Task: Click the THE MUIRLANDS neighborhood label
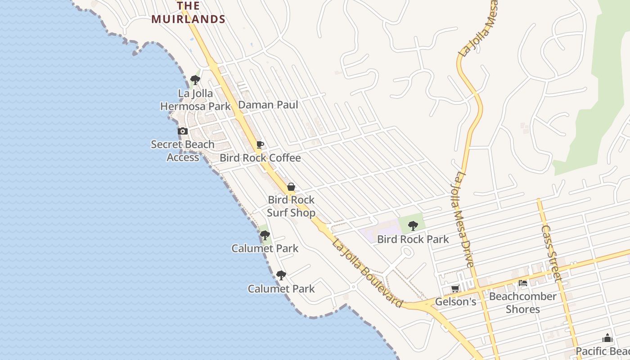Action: [188, 13]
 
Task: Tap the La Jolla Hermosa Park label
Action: [195, 100]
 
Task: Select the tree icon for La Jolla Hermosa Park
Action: [195, 80]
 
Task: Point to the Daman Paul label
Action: [268, 105]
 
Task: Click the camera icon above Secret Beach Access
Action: [183, 131]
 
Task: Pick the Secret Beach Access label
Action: [183, 151]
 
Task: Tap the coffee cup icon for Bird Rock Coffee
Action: [260, 145]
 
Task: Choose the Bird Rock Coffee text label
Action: [260, 158]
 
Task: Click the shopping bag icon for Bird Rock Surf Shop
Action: [291, 187]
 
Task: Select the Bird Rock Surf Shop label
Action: [291, 206]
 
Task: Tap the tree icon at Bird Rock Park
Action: [413, 226]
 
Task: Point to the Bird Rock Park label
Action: [413, 239]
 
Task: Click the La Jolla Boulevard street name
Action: [367, 274]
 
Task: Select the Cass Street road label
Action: [551, 253]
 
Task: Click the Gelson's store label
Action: [455, 301]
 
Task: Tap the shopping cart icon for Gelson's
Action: [455, 288]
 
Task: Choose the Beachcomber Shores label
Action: [522, 303]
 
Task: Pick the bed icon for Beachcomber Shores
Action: [523, 283]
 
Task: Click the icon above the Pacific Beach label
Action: [607, 338]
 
